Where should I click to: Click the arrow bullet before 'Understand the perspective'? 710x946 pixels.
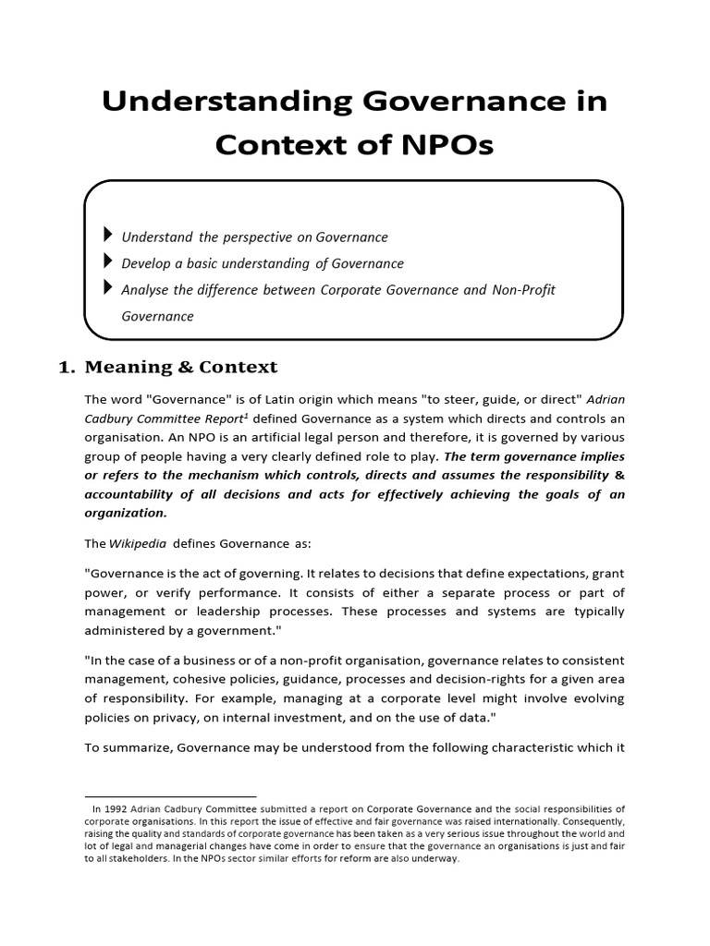click(x=110, y=236)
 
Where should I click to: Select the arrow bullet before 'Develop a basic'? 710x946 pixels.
click(x=110, y=263)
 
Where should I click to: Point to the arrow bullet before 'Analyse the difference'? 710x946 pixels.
click(x=110, y=289)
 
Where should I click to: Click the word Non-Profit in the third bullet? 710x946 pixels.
click(x=523, y=290)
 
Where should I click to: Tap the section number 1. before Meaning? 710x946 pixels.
click(x=66, y=367)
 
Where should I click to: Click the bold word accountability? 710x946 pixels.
click(x=129, y=494)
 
